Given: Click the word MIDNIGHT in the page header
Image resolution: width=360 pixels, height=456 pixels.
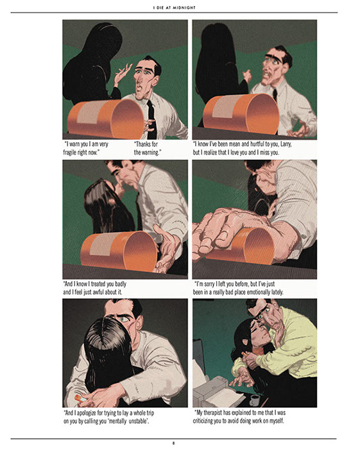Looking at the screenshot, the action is [184, 8].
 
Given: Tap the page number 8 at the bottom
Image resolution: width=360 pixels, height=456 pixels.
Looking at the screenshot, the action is [173, 444].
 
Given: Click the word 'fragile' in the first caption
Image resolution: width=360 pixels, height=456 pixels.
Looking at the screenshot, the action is [71, 152].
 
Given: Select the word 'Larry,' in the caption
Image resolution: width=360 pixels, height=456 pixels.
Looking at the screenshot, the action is [286, 144].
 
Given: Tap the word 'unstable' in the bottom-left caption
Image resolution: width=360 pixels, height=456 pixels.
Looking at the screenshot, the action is [139, 421].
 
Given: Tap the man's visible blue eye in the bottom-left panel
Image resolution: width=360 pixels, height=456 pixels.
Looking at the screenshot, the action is [124, 319].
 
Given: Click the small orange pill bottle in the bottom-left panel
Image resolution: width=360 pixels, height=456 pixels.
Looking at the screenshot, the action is [80, 398].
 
